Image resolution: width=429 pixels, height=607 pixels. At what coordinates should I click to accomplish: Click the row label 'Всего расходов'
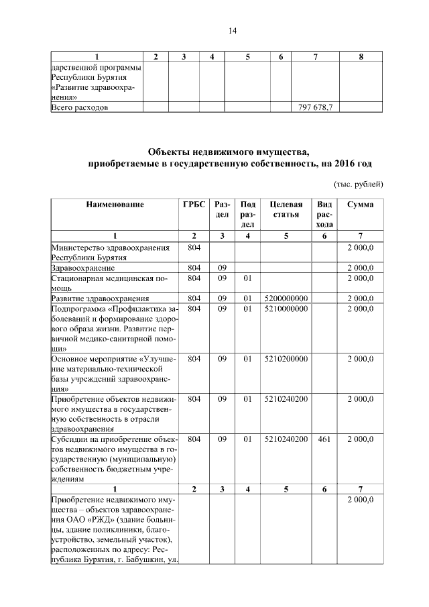click(80, 107)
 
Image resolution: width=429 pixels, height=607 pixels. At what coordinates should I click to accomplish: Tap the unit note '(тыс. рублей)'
click(359, 184)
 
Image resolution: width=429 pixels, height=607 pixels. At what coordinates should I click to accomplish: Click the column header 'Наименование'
click(115, 204)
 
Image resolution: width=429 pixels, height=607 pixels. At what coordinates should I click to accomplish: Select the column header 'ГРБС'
click(194, 204)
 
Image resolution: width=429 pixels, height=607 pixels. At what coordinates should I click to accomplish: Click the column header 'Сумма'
click(360, 204)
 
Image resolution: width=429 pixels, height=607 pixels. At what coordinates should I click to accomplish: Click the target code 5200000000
click(286, 298)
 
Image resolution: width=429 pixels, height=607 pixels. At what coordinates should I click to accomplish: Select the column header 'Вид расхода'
click(324, 214)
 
